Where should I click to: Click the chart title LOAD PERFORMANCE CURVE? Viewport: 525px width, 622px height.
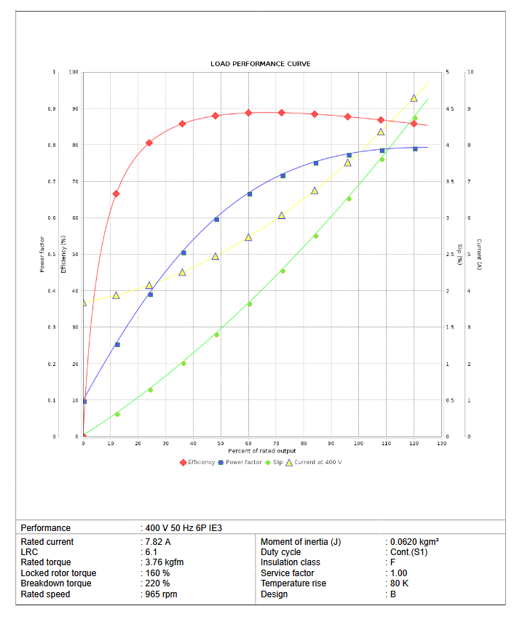(261, 64)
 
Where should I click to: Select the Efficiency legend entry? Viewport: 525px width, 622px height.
(197, 462)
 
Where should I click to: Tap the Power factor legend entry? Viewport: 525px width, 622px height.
(240, 462)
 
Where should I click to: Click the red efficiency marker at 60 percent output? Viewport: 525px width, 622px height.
(248, 113)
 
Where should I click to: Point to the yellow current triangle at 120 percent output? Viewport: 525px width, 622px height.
(414, 98)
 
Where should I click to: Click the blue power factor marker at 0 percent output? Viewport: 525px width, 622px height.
(84, 401)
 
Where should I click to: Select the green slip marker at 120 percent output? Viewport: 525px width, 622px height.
(415, 118)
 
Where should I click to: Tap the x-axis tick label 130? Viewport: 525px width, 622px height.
(441, 443)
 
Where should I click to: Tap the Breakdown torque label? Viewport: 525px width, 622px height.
(56, 583)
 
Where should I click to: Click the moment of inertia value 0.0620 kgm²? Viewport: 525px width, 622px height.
(414, 542)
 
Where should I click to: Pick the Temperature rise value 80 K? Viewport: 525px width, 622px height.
(399, 583)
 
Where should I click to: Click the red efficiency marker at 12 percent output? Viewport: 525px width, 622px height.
(116, 194)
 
